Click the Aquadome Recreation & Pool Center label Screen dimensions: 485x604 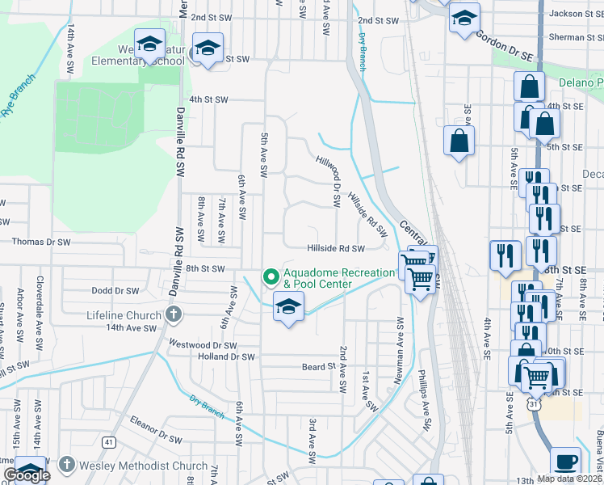[x=329, y=277]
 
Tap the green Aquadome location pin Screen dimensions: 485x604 [x=271, y=277]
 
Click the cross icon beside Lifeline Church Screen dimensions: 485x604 [x=171, y=314]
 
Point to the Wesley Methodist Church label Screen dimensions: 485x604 [x=144, y=465]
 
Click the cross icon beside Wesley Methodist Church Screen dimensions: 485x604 [x=67, y=465]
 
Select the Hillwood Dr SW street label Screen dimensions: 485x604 [x=329, y=179]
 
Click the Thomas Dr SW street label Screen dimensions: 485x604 [x=41, y=242]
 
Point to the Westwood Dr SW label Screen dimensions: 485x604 [x=202, y=344]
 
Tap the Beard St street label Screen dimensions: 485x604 [x=318, y=366]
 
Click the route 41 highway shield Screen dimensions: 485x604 [x=108, y=442]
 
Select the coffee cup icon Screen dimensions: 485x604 [x=565, y=462]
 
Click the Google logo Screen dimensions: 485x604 [x=27, y=474]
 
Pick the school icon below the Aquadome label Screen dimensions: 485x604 [x=288, y=307]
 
